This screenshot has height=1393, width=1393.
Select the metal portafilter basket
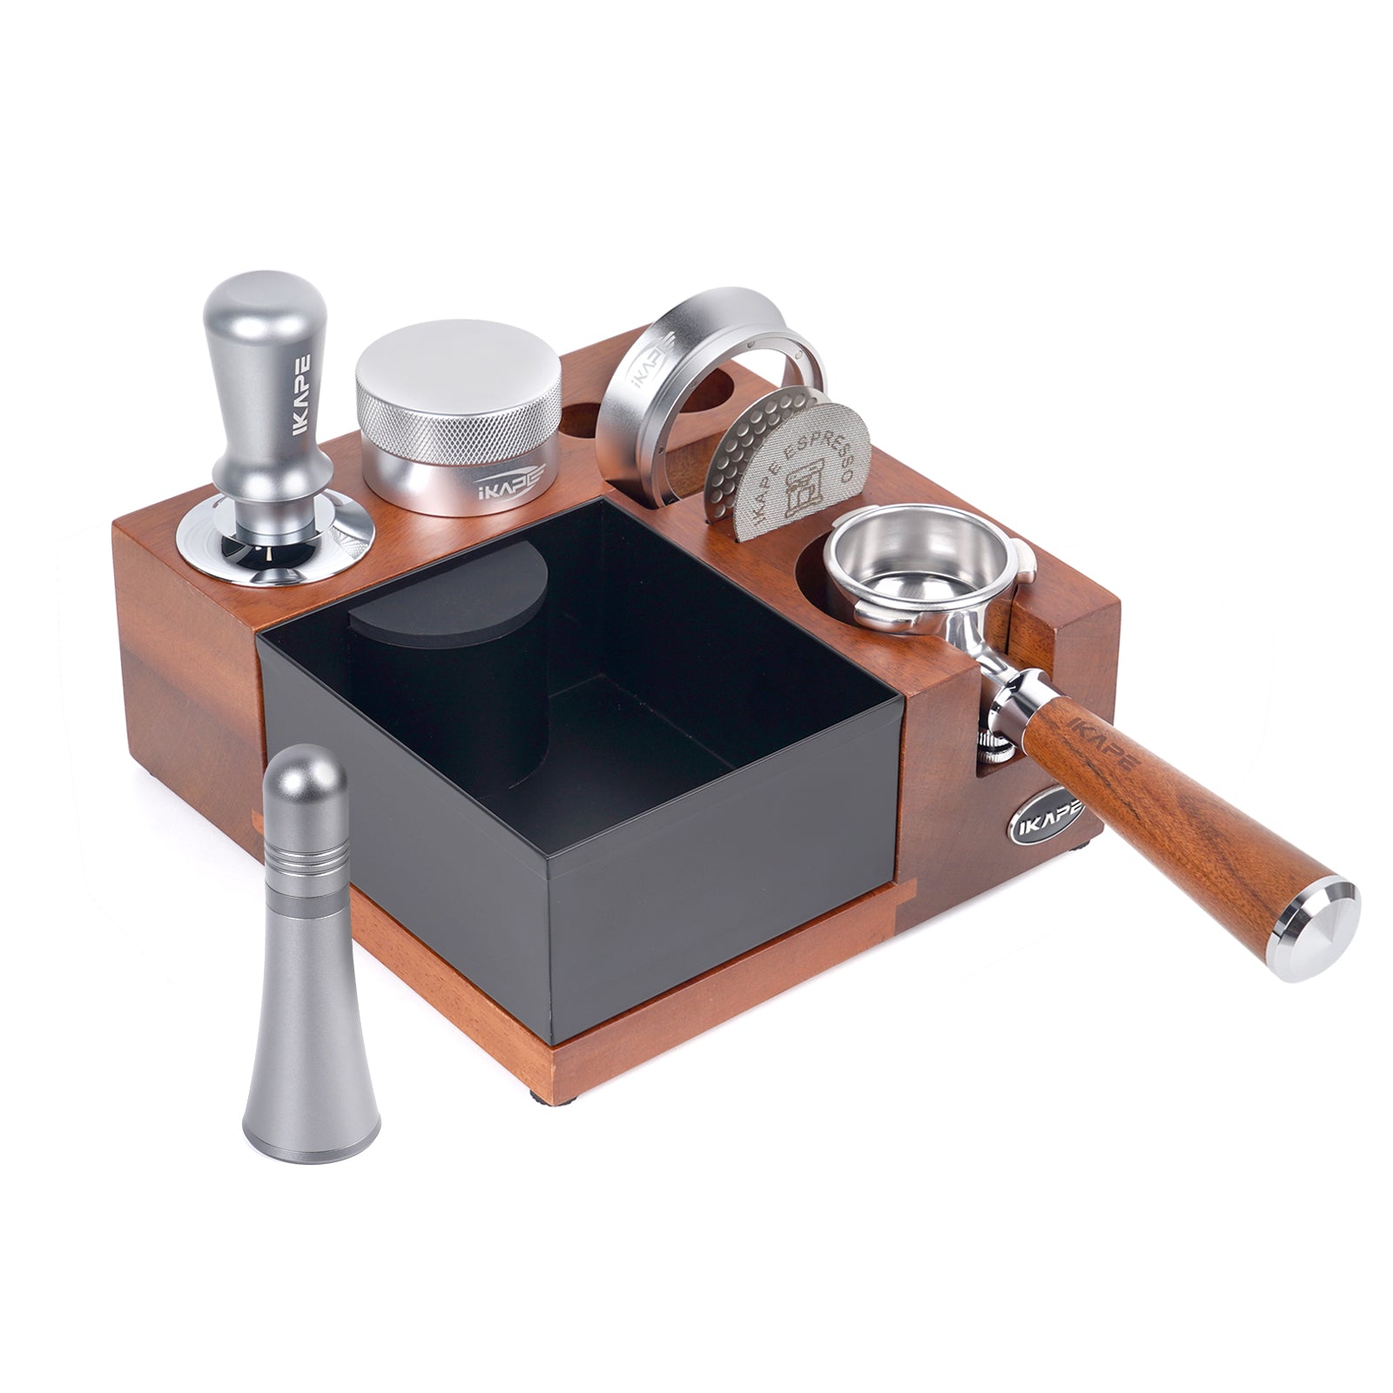pos(914,557)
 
